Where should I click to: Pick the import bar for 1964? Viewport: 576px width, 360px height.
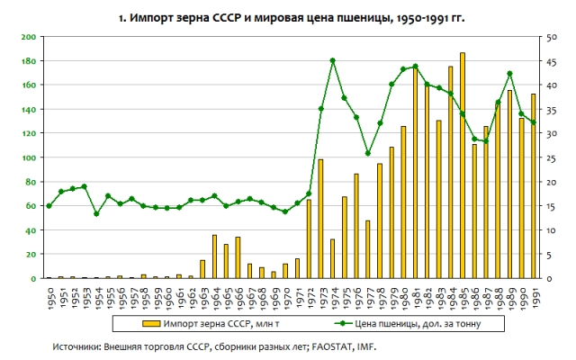(214, 257)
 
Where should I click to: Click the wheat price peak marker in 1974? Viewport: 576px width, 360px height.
(333, 60)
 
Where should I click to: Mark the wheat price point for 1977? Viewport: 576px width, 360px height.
(368, 153)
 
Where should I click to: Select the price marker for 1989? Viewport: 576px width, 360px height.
(509, 74)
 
